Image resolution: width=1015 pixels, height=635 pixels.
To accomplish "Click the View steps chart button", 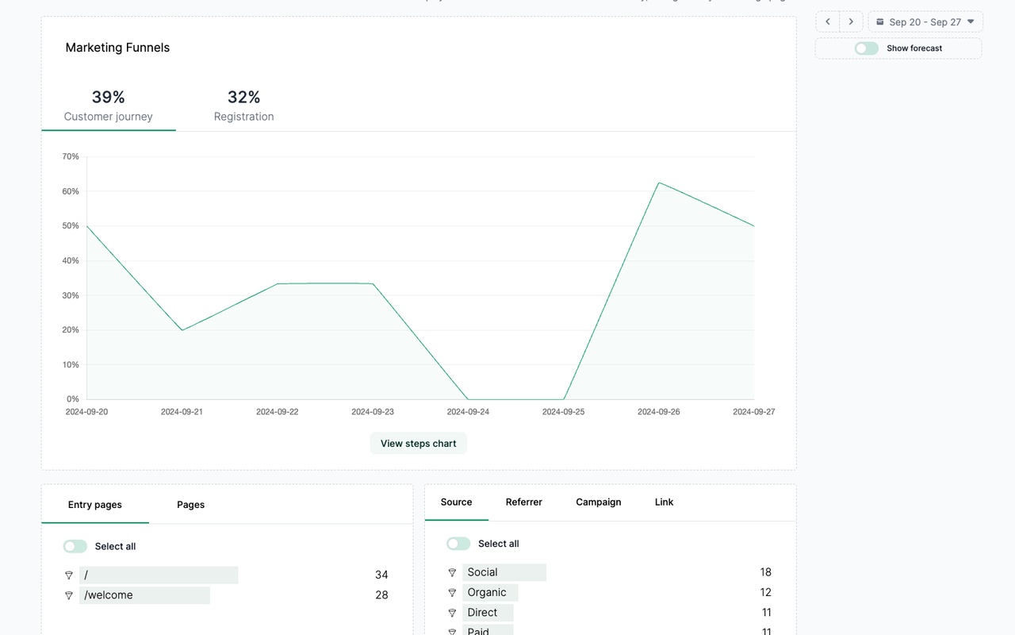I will [418, 444].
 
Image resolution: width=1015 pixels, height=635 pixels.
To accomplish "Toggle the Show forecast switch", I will [867, 48].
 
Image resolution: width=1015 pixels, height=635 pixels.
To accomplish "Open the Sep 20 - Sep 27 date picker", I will [925, 22].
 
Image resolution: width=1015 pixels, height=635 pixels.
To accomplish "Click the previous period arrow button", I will [828, 22].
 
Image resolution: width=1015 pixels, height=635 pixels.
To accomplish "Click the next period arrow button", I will [851, 22].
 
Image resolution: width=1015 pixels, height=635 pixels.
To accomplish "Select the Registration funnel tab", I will [243, 106].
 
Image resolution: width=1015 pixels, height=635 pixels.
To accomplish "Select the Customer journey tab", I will [109, 106].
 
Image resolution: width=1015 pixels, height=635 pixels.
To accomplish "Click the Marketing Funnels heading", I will [117, 48].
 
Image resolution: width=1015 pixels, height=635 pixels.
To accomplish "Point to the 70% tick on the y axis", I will [71, 157].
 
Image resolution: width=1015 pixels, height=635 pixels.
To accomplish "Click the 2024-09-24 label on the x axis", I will [468, 412].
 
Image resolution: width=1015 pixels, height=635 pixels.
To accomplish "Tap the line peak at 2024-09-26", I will [659, 183].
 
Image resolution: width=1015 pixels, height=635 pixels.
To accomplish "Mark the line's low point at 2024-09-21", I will [182, 330].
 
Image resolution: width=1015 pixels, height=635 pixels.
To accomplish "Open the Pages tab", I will [190, 505].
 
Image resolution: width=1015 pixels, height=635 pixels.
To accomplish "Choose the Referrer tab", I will [524, 502].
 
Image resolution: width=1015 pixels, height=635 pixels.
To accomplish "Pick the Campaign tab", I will [599, 502].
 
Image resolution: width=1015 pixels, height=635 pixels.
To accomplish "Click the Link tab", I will [664, 502].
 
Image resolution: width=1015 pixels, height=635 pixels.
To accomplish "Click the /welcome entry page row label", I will [109, 595].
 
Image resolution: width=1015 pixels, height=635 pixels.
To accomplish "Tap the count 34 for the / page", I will [381, 575].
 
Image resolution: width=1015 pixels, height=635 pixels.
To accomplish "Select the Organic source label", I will [487, 592].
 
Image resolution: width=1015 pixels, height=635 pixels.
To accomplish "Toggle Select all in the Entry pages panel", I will [75, 546].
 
